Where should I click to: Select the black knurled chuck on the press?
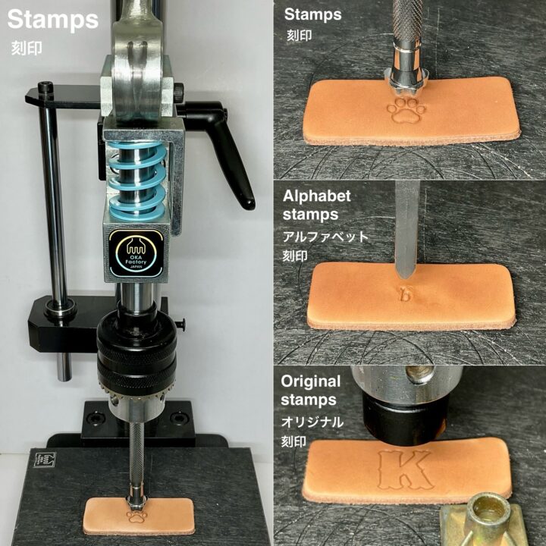click(x=136, y=352)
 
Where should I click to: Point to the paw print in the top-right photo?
click(x=406, y=110)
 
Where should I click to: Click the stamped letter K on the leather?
click(x=405, y=469)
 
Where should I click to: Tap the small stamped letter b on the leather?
click(x=406, y=293)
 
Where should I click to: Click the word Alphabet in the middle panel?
click(x=316, y=196)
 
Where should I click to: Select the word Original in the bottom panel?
click(x=311, y=381)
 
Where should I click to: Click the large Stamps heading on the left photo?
click(x=53, y=20)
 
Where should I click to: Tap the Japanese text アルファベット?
click(x=325, y=237)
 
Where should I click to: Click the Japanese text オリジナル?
click(x=312, y=422)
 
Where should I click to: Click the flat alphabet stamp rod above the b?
click(x=406, y=230)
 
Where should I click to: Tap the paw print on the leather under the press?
click(x=136, y=516)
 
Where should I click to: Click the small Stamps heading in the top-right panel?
click(x=312, y=14)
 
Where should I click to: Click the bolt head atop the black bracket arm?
click(x=45, y=87)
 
